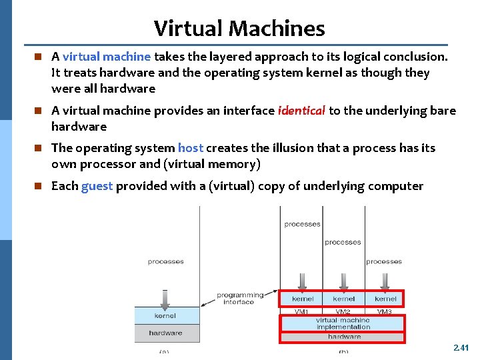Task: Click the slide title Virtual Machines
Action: click(239, 28)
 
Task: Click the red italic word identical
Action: click(301, 111)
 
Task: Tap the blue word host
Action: click(191, 148)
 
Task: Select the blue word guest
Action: click(97, 186)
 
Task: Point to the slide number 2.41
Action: click(461, 347)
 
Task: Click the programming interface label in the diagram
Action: click(239, 298)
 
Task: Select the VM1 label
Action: click(302, 311)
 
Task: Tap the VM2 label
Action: click(343, 311)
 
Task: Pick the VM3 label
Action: click(385, 311)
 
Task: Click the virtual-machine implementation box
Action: click(343, 323)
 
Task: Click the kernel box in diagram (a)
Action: click(165, 315)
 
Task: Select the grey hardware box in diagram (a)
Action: click(165, 333)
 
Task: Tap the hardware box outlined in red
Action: click(343, 337)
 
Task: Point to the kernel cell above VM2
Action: click(343, 299)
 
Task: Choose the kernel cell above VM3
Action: click(385, 299)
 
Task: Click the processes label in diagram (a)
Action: click(165, 262)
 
